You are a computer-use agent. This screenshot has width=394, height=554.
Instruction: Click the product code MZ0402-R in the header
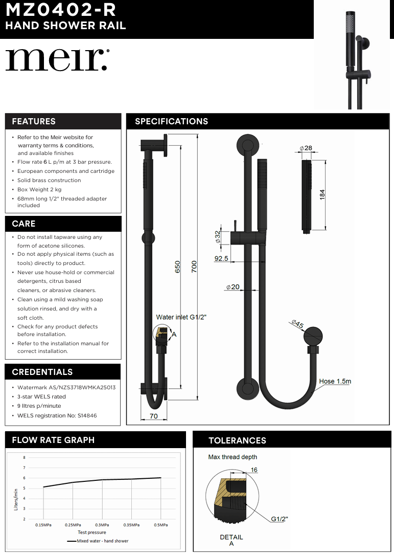pyautogui.click(x=60, y=10)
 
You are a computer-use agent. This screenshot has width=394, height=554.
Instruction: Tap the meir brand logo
pyautogui.click(x=57, y=60)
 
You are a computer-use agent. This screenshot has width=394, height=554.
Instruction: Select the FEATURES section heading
pyautogui.click(x=34, y=121)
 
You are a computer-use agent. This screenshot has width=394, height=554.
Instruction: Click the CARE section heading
pyautogui.click(x=24, y=224)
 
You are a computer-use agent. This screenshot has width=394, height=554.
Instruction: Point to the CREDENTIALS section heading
pyautogui.click(x=42, y=372)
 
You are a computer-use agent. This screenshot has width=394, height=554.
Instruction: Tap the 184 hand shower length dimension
pyautogui.click(x=322, y=194)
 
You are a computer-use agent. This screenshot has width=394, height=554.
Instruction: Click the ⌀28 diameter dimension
pyautogui.click(x=306, y=148)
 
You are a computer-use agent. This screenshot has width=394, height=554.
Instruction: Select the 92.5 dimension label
pyautogui.click(x=221, y=258)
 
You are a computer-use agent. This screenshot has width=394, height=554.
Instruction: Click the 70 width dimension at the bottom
pyautogui.click(x=153, y=416)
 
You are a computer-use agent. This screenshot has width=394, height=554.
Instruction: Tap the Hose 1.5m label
pyautogui.click(x=335, y=381)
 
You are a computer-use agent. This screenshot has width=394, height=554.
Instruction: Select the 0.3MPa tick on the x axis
pyautogui.click(x=102, y=525)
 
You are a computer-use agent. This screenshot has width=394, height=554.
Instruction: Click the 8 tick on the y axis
pyautogui.click(x=24, y=458)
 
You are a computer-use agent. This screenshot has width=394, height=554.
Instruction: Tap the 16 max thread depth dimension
pyautogui.click(x=254, y=470)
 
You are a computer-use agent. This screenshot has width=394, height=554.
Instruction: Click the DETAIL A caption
pyautogui.click(x=231, y=540)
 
